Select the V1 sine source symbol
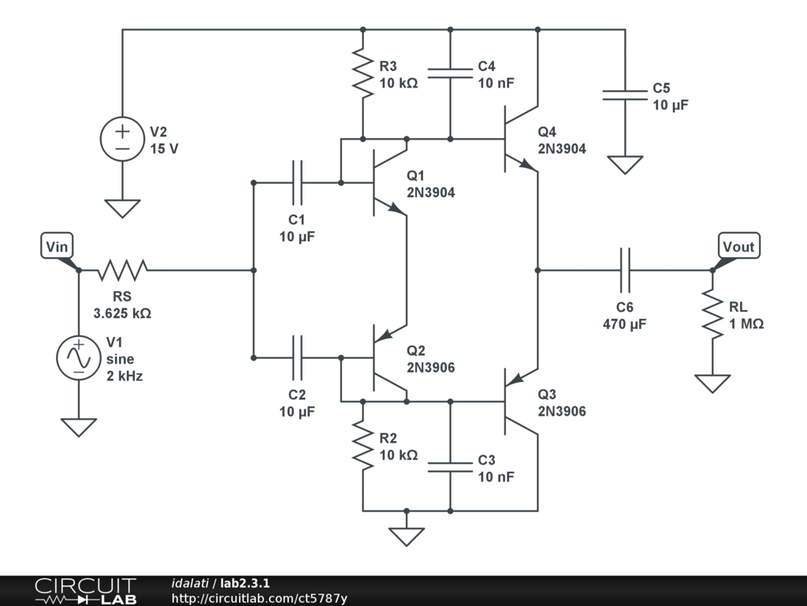coord(79,357)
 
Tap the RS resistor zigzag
coord(122,270)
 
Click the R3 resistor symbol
coord(363,73)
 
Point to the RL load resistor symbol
coord(712,314)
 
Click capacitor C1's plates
coord(297,182)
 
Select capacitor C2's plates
coord(297,357)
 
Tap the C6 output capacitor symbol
coord(625,270)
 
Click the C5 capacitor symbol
coord(625,95)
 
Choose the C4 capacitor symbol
coord(450,73)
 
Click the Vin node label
coord(57,247)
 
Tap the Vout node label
coord(738,247)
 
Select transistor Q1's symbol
coord(386,183)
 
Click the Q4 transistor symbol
coord(518,139)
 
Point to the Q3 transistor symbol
coord(518,402)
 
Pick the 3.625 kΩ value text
coord(122,313)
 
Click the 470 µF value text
coord(625,324)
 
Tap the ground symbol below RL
coord(712,383)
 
